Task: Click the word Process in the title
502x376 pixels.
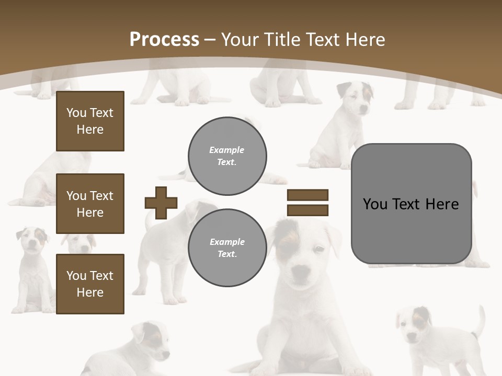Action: pyautogui.click(x=164, y=40)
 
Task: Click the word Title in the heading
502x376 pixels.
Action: pyautogui.click(x=282, y=40)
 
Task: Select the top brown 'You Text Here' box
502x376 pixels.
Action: pyautogui.click(x=90, y=121)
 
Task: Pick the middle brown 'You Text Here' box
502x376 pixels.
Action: pyautogui.click(x=90, y=204)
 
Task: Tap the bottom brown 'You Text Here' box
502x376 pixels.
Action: pyautogui.click(x=90, y=284)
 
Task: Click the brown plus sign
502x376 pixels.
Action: pyautogui.click(x=161, y=203)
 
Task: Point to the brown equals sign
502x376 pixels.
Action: pyautogui.click(x=307, y=203)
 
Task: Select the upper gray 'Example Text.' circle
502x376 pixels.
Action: pyautogui.click(x=227, y=156)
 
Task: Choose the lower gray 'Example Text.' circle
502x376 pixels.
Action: pyautogui.click(x=227, y=248)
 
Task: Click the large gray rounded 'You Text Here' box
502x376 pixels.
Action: pyautogui.click(x=411, y=204)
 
